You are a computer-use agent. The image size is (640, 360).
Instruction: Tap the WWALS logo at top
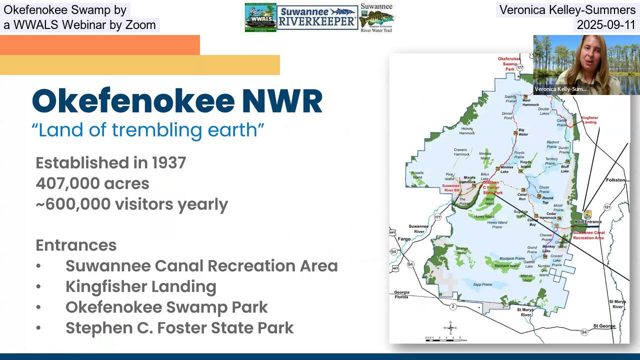[x=260, y=17]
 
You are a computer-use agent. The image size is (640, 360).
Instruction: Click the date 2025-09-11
[x=606, y=25]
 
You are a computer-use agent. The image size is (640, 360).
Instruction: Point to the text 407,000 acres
[x=92, y=183]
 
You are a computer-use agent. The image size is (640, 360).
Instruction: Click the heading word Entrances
[x=76, y=245]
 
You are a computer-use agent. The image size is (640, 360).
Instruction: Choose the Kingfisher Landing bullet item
[x=140, y=286]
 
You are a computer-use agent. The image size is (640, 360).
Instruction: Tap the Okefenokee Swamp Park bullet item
[x=166, y=307]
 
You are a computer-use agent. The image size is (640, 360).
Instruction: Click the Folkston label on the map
[x=615, y=180]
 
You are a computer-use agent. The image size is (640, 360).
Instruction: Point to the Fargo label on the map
[x=403, y=239]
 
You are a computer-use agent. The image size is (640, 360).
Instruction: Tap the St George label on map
[x=604, y=326]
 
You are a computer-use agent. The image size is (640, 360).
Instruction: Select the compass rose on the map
[x=450, y=328]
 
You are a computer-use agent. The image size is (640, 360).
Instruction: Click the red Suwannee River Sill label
[x=453, y=188]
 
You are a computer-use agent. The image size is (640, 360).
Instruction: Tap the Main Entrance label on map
[x=587, y=221]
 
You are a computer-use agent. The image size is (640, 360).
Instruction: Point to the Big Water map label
[x=523, y=131]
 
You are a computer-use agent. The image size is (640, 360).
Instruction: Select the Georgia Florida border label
[x=401, y=294]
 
